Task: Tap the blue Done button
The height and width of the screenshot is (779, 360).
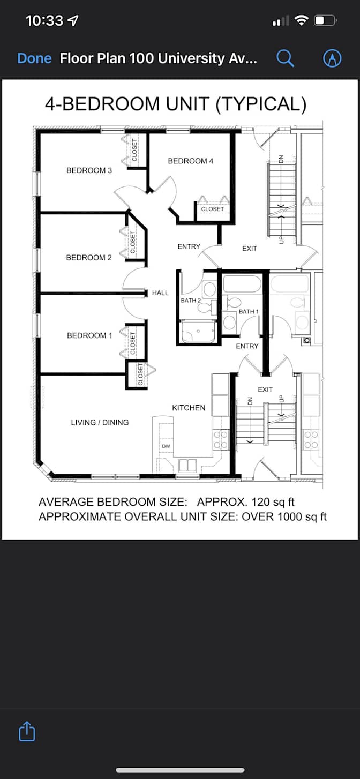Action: click(34, 58)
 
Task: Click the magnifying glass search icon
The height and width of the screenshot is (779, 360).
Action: click(285, 58)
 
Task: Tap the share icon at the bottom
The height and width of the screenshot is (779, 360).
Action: click(27, 731)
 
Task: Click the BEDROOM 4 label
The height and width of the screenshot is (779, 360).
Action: click(191, 161)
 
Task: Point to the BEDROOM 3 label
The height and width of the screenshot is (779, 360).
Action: click(89, 170)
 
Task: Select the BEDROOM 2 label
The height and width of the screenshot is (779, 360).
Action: click(89, 258)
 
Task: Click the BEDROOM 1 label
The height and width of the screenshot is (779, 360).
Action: click(89, 335)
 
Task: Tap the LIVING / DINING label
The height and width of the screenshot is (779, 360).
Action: click(100, 423)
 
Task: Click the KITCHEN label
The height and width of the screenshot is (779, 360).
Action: click(189, 408)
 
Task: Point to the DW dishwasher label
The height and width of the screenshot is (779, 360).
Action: click(166, 446)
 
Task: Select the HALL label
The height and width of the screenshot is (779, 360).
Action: click(160, 293)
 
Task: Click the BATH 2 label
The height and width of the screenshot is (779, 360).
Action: click(191, 301)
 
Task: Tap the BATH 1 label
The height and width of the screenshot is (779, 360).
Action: click(249, 312)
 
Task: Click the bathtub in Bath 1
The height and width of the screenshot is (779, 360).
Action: click(242, 284)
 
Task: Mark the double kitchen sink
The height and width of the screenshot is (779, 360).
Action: click(187, 466)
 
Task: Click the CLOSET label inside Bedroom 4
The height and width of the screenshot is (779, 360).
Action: click(212, 209)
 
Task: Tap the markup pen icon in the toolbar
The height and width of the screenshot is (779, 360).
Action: click(332, 58)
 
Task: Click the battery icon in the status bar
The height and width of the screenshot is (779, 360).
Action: click(325, 20)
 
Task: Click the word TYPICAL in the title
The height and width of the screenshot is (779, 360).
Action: click(261, 103)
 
